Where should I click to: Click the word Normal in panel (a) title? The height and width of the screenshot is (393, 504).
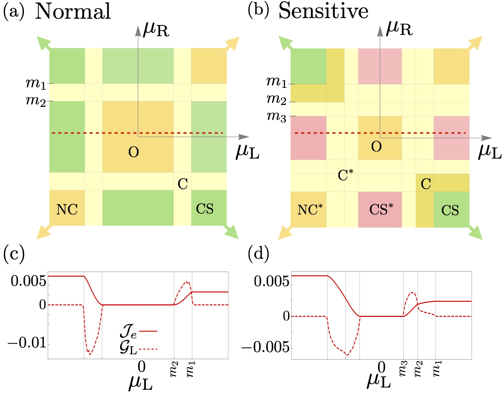73,12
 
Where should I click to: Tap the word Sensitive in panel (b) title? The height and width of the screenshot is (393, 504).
323,12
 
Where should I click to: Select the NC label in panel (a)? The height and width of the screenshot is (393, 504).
67,210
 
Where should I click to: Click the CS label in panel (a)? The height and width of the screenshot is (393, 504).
205,209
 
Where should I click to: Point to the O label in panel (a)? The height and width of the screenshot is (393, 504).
134,152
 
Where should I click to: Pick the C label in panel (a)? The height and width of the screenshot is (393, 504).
183,184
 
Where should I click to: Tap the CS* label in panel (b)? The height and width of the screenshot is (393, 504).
381,210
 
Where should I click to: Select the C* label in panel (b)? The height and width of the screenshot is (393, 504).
345,176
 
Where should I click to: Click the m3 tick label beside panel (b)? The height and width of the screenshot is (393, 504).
276,117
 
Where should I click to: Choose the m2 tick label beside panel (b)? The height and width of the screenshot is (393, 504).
276,99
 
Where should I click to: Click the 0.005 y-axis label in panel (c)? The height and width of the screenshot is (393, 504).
28,282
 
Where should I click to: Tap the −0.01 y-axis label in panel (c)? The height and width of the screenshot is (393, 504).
27,343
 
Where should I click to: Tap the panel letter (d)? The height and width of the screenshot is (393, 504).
258,254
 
